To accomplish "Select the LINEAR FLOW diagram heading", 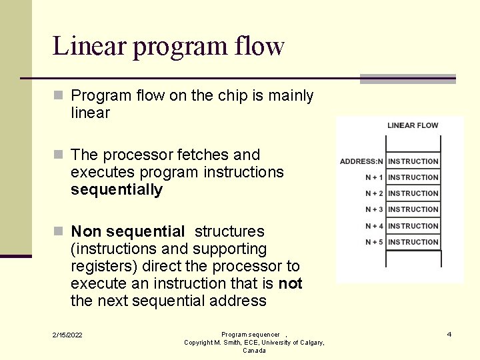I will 413,125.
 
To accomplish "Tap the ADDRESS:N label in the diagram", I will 361,161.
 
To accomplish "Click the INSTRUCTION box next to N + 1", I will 413,177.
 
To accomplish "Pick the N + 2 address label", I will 374,193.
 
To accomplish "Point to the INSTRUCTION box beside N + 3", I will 413,209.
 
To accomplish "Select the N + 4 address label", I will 374,226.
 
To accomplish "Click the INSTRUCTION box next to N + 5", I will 413,242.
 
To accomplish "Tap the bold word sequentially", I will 117,190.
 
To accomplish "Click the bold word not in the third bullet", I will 290,284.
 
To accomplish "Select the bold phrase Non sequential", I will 127,232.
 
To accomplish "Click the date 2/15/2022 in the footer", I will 68,335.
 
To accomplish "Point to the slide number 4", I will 449,334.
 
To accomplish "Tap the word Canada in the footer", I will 254,351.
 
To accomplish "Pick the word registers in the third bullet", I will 99,267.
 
